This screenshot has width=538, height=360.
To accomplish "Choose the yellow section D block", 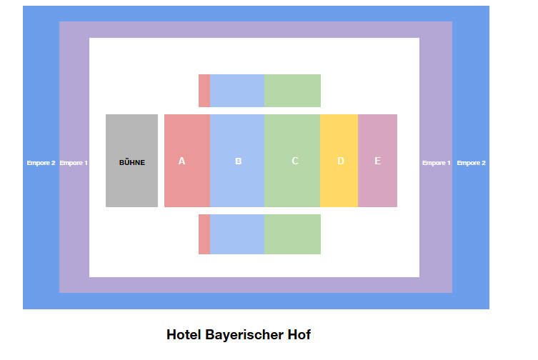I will coord(339,182).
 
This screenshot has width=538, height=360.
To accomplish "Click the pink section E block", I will coord(377,182).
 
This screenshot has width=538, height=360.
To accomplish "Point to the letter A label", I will coord(181,161).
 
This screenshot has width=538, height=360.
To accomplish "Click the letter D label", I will coord(341,161).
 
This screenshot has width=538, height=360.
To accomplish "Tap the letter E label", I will coord(377,161).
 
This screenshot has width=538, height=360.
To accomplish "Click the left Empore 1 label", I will coord(74,163).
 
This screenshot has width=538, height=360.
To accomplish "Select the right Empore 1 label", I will coord(437,163).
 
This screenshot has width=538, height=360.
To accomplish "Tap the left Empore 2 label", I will coord(41,163).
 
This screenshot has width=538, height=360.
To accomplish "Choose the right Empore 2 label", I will coord(472,163).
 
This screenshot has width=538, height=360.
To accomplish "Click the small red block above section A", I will coord(204,91).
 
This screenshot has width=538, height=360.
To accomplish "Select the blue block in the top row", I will coord(236,91).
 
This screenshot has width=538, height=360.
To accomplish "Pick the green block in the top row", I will coord(292,91).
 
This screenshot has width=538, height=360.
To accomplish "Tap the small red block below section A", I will coord(204,234).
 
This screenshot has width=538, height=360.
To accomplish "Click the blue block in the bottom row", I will coord(236,234).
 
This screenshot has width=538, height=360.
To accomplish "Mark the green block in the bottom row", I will coord(292,234).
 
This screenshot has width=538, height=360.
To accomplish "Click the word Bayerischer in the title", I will coord(239,334).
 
